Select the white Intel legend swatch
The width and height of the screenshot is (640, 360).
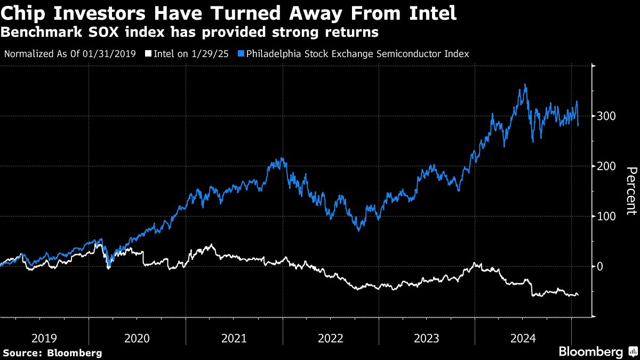[x=148, y=54]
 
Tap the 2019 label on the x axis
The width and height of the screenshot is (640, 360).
[x=44, y=338]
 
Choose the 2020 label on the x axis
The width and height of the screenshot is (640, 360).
[x=137, y=338]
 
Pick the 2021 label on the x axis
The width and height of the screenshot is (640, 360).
[x=234, y=338]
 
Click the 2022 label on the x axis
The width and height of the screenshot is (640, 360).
[x=331, y=338]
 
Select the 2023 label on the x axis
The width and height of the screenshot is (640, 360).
[x=427, y=338]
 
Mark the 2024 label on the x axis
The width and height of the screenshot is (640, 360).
[x=523, y=338]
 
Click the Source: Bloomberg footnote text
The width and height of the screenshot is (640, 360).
[x=52, y=353]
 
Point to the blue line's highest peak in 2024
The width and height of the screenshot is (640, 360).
[x=526, y=84]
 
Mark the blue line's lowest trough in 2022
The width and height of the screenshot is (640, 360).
[x=359, y=230]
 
